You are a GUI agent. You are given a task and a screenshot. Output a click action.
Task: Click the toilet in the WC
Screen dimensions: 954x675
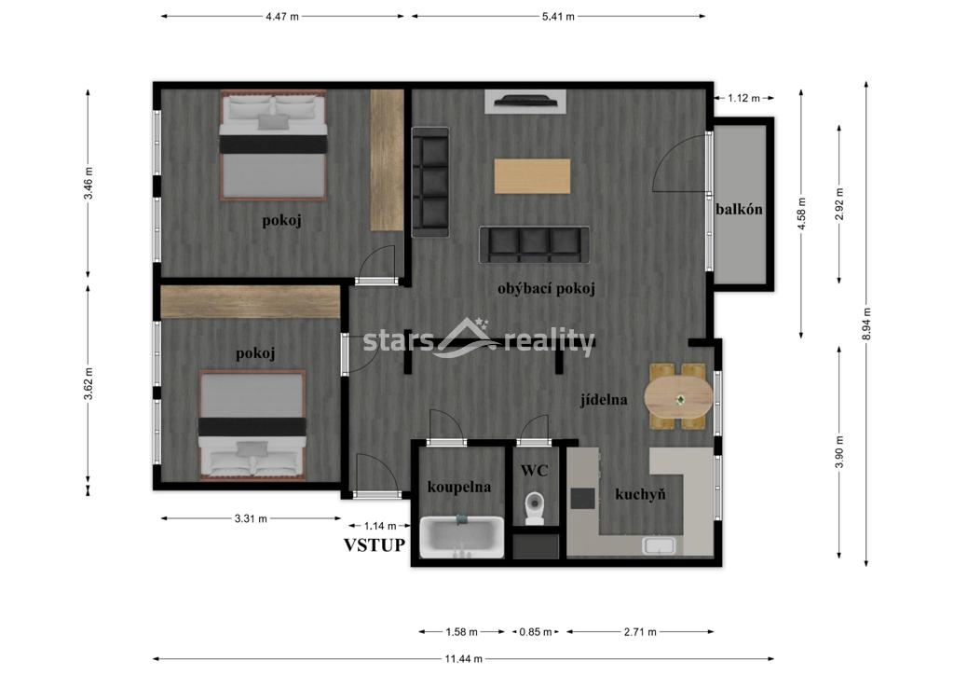pyautogui.click(x=535, y=508)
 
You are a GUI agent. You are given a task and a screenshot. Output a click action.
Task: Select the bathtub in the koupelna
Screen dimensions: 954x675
pyautogui.click(x=462, y=537)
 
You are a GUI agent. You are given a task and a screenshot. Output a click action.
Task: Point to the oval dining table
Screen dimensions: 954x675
pyautogui.click(x=678, y=396)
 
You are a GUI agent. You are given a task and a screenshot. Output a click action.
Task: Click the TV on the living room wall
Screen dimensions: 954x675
pyautogui.click(x=525, y=100)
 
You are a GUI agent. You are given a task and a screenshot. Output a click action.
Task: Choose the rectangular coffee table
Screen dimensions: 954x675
pyautogui.click(x=532, y=176)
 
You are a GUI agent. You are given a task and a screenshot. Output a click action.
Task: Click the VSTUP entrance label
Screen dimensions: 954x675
pyautogui.click(x=375, y=544)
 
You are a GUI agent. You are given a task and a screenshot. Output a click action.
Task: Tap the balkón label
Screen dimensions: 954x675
pyautogui.click(x=739, y=210)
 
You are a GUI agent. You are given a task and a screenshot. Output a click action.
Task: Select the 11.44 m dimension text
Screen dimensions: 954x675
pyautogui.click(x=464, y=658)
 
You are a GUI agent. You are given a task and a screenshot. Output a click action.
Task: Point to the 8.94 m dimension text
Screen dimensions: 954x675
pyautogui.click(x=867, y=324)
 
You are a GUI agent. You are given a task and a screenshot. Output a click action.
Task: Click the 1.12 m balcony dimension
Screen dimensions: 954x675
pyautogui.click(x=743, y=98)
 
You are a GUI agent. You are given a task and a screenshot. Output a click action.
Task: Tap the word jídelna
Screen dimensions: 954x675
pyautogui.click(x=604, y=400)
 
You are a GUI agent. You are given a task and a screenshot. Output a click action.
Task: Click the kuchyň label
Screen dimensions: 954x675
pyautogui.click(x=640, y=494)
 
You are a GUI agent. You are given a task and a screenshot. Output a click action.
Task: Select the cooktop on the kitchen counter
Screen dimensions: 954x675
pyautogui.click(x=582, y=499)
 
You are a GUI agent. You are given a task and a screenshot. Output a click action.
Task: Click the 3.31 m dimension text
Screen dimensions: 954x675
pyautogui.click(x=251, y=518)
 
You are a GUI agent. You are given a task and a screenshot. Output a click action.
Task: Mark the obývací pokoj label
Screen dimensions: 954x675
pyautogui.click(x=546, y=288)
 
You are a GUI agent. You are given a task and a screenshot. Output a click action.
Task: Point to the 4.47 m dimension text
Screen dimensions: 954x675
pyautogui.click(x=282, y=17)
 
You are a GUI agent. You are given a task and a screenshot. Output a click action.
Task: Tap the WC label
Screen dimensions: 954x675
pyautogui.click(x=534, y=471)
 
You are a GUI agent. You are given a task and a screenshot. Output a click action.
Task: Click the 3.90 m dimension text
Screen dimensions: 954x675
pyautogui.click(x=839, y=452)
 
